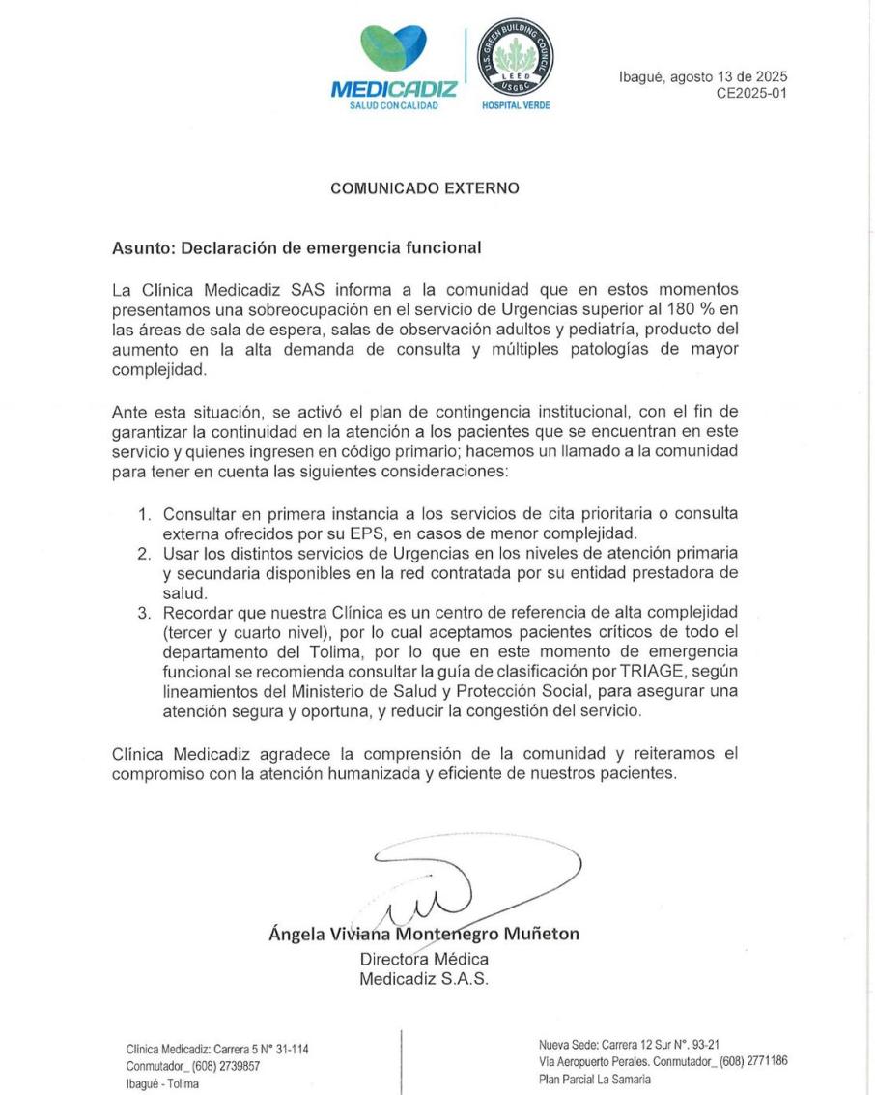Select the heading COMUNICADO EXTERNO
click(x=425, y=189)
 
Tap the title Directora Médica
click(x=424, y=959)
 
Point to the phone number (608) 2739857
click(x=219, y=1066)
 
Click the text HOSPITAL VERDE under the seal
click(x=516, y=107)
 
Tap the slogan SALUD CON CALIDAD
click(x=394, y=106)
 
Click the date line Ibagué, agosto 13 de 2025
click(x=703, y=76)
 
